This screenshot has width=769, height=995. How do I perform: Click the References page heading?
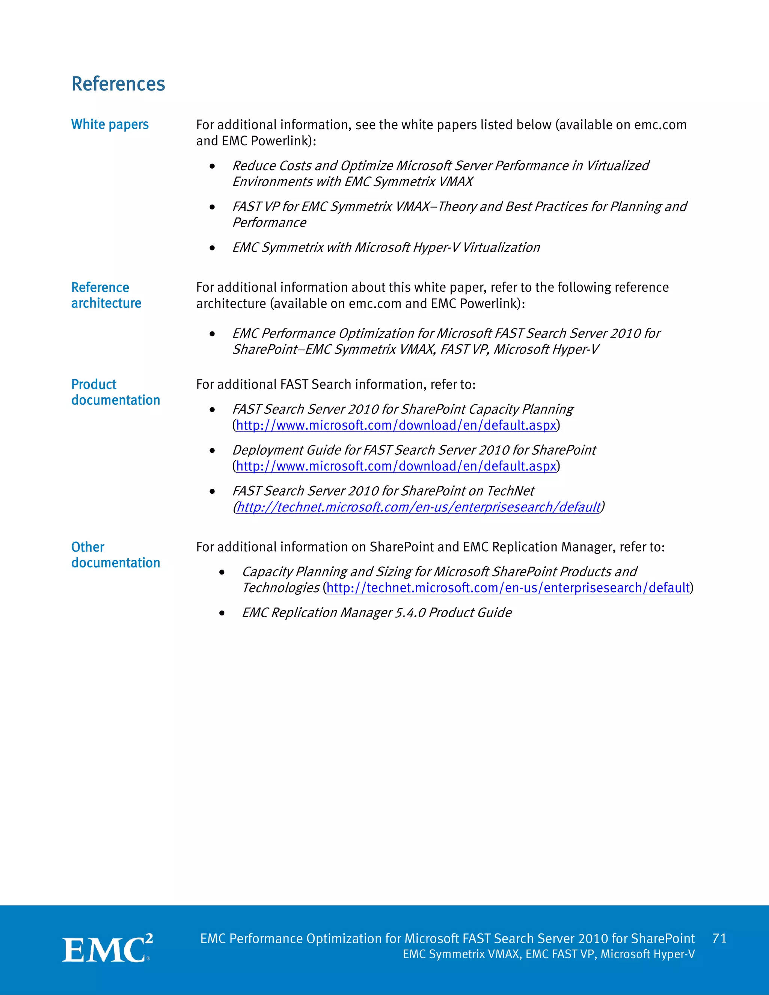118,84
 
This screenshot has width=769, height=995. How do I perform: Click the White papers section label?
110,124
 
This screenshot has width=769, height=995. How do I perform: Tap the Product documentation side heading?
115,392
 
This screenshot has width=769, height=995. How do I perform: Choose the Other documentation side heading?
115,555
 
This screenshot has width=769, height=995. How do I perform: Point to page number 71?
719,939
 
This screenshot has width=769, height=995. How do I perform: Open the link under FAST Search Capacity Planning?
396,425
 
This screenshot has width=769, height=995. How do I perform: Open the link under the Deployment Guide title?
396,466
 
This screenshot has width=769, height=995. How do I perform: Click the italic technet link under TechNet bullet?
418,507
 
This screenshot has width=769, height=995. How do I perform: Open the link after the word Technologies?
508,588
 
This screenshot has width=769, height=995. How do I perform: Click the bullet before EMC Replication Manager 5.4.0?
222,613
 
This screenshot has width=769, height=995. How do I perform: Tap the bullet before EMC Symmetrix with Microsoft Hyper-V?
212,248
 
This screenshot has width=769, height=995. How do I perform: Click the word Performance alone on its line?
269,223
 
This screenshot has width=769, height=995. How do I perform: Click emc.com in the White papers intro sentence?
660,125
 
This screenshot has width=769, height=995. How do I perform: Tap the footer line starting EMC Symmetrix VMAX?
549,954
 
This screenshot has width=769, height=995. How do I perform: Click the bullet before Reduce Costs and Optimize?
212,166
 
